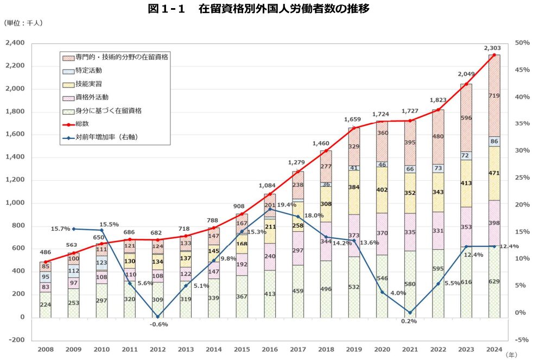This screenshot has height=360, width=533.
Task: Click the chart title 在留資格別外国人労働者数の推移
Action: pos(266,9)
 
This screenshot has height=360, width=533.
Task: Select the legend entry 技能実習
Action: pos(88,84)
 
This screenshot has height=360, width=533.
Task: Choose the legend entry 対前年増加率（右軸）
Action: pos(107,137)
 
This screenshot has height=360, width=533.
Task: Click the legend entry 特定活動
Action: pos(88,70)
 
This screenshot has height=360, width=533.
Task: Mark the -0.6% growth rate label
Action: pos(158,324)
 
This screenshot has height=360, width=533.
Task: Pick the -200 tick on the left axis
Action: pos(17,340)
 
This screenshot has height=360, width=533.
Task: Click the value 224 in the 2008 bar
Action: pos(46,305)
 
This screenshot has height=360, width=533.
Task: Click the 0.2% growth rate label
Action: pos(409,321)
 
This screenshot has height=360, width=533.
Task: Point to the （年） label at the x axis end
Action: pos(511,355)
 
